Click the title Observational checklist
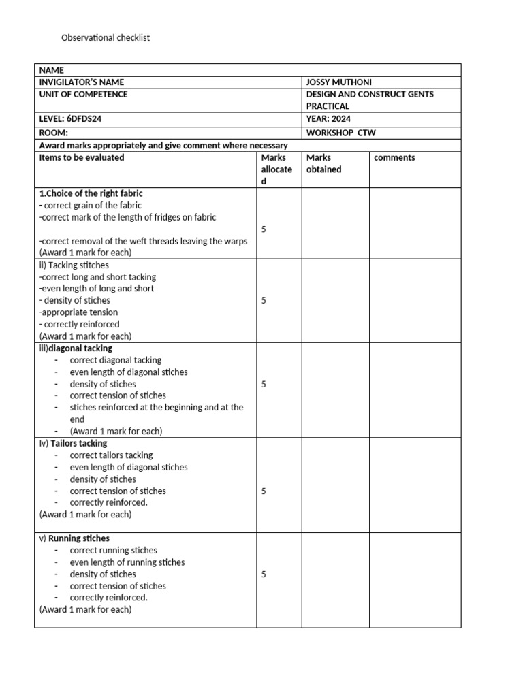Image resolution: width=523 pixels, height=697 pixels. [106, 38]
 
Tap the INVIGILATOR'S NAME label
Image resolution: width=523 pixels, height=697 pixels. [82, 82]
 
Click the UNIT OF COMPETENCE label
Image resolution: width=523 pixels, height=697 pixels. [83, 94]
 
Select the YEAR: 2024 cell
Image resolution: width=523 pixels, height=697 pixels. [332, 118]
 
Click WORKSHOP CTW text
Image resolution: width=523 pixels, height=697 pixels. [340, 133]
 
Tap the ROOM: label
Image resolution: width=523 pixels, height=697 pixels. [54, 133]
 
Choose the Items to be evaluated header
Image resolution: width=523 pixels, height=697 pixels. [82, 157]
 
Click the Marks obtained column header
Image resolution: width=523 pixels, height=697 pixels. [323, 163]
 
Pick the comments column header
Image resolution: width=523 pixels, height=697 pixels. [394, 157]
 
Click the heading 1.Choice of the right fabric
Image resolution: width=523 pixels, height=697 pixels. [91, 193]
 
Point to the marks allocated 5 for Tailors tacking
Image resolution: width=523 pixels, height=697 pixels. [264, 491]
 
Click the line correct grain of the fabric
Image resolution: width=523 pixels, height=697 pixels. [91, 205]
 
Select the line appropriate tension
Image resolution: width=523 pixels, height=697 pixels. [78, 312]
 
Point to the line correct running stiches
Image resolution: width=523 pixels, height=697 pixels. [113, 550]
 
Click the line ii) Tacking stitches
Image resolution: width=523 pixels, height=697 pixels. [74, 265]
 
